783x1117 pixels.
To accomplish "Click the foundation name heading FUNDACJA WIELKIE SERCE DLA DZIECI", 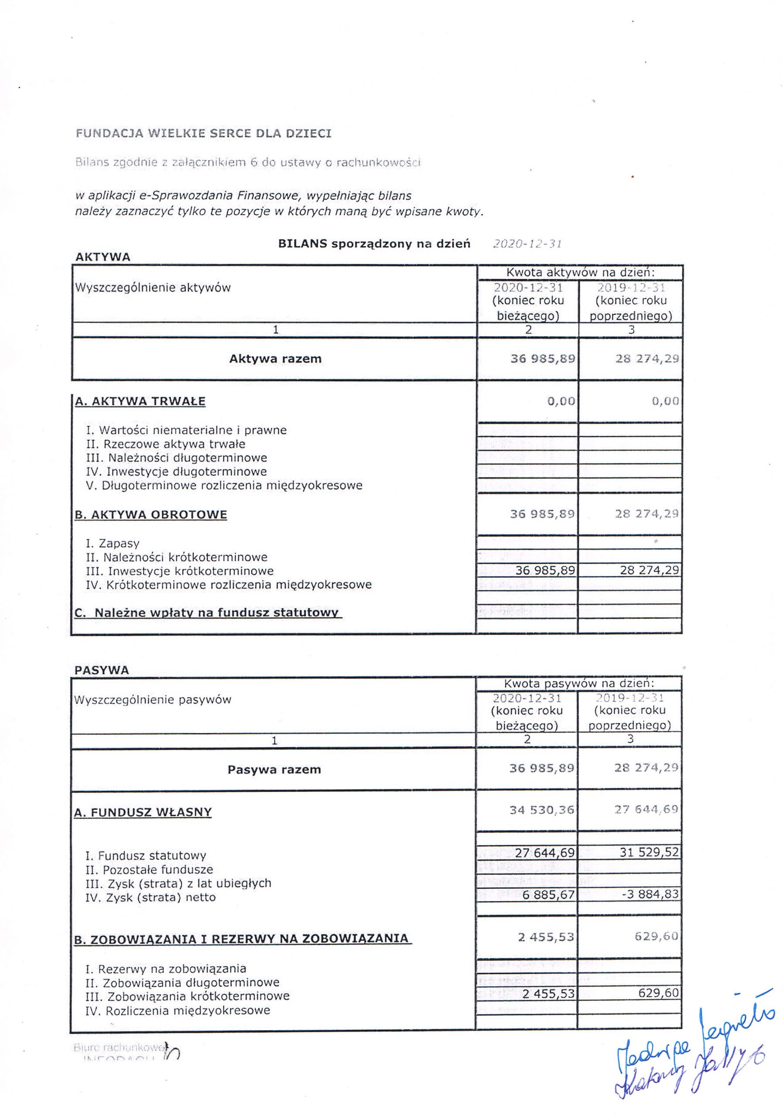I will (203, 134).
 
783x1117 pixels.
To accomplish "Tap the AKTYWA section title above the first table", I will (103, 257).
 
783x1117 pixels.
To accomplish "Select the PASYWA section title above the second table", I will (102, 670).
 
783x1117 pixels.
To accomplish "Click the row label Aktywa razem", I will (275, 359).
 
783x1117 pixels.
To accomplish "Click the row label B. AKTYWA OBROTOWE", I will (151, 515).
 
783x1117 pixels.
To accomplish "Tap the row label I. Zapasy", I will (113, 543).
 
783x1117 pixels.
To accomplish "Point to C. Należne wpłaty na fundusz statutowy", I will (207, 613).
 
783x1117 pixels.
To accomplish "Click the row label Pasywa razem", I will (274, 770).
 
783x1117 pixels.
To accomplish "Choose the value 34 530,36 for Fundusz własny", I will (542, 810).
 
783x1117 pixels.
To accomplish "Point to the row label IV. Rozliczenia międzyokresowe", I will (178, 1011).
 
